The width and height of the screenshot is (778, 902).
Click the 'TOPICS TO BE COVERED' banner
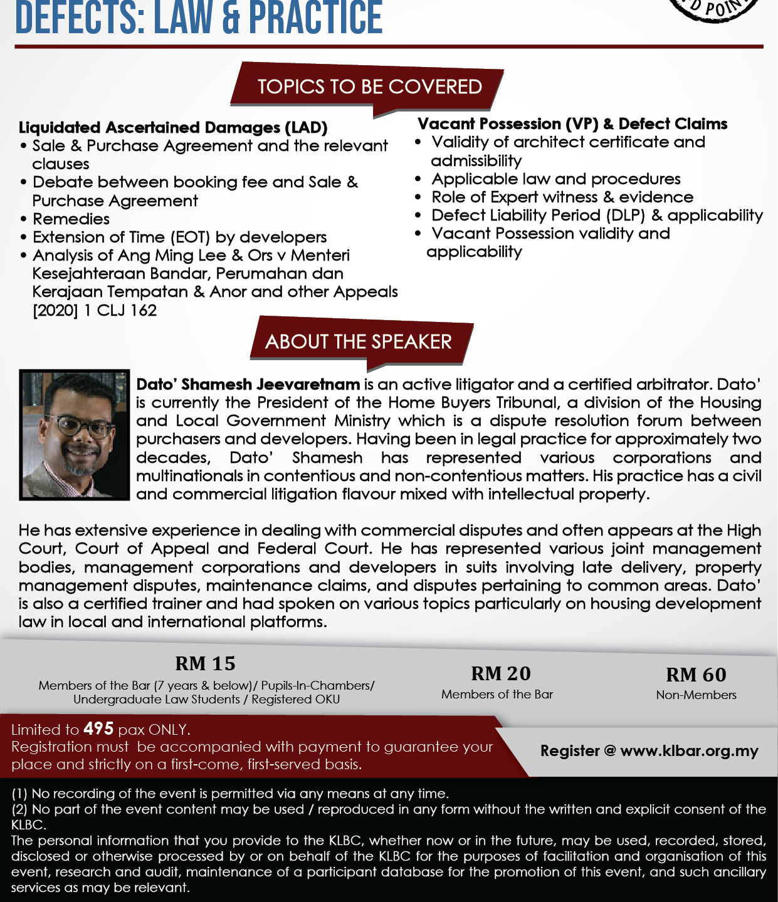(x=369, y=86)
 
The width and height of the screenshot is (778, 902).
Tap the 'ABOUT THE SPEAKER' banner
(x=358, y=341)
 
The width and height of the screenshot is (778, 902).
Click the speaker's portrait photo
(x=74, y=435)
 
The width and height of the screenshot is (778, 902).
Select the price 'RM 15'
(x=205, y=663)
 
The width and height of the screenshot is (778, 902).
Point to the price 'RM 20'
(x=500, y=673)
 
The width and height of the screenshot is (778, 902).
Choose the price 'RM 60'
(x=696, y=675)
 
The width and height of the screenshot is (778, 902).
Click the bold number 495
(x=98, y=728)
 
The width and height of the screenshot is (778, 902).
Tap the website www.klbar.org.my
(x=689, y=750)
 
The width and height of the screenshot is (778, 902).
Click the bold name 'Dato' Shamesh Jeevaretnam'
(x=248, y=384)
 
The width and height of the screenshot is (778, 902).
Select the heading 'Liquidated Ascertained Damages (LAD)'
(x=173, y=128)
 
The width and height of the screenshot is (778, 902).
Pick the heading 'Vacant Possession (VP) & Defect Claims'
(x=572, y=124)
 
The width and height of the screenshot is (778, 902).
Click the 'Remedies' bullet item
(x=71, y=219)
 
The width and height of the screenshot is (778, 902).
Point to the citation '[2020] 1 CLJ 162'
(x=95, y=311)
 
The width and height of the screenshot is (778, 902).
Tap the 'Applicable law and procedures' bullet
(x=556, y=179)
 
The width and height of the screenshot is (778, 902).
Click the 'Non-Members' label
(x=696, y=695)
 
